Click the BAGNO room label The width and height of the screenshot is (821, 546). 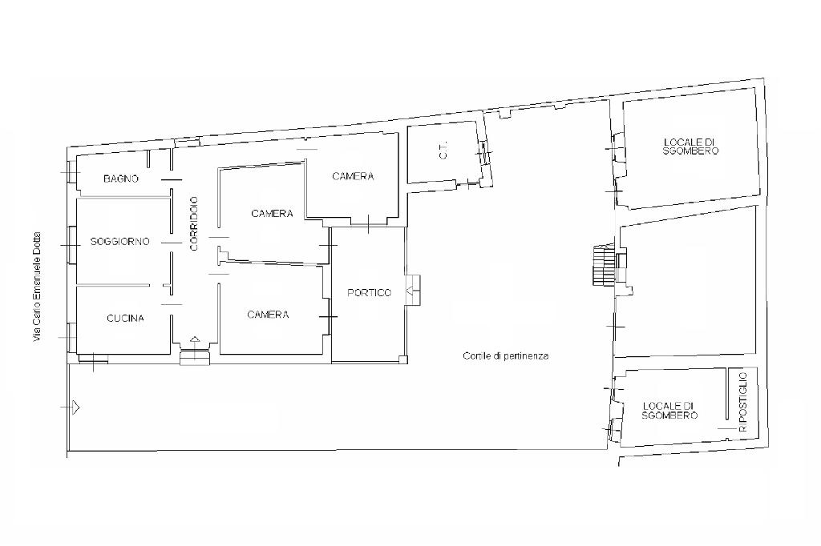click(121, 179)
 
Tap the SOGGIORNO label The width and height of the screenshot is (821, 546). click(120, 242)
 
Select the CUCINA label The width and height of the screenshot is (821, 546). click(125, 318)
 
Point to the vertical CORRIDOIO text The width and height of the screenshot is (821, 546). click(194, 223)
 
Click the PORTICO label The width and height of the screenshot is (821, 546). click(369, 293)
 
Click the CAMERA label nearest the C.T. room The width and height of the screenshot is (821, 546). click(353, 176)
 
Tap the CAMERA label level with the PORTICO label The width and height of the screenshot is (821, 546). click(268, 315)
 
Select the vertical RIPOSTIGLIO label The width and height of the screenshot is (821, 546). click(743, 402)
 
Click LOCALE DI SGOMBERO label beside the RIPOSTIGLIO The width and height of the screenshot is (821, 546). click(669, 411)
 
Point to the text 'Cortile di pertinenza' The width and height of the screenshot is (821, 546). click(506, 356)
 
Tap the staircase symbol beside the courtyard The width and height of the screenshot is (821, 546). click(602, 266)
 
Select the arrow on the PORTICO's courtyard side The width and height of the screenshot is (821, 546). click(410, 290)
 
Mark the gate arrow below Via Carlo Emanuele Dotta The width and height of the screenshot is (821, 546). click(75, 407)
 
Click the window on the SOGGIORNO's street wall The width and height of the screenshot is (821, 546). click(70, 245)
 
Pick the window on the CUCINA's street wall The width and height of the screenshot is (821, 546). click(71, 337)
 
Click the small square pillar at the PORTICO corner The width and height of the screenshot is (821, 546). click(402, 359)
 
